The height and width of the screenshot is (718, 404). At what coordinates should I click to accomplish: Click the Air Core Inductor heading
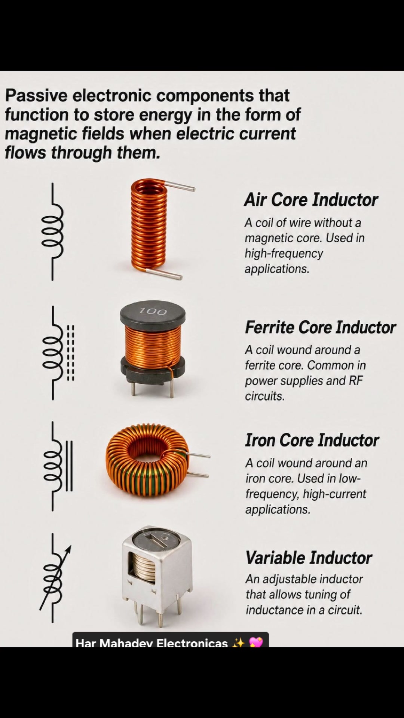tap(311, 200)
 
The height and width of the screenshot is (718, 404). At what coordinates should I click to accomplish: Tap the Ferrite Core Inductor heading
tap(320, 327)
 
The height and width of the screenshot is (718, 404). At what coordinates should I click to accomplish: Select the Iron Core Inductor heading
tap(312, 440)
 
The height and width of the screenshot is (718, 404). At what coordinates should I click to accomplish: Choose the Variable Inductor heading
tap(309, 558)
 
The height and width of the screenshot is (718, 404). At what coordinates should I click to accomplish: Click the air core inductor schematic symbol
tap(52, 231)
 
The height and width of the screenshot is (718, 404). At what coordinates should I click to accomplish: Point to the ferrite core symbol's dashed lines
tap(70, 353)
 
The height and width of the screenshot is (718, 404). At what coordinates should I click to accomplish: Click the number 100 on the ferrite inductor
tap(153, 311)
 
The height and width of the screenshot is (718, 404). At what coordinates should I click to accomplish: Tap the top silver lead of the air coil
tap(180, 186)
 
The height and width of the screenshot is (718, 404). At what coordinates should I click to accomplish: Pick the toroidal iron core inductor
tap(147, 460)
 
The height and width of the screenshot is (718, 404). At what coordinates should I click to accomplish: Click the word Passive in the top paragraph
tap(36, 96)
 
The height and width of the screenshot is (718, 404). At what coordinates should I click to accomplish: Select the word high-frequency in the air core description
tap(284, 254)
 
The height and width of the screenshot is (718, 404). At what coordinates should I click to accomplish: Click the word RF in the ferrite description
tap(356, 380)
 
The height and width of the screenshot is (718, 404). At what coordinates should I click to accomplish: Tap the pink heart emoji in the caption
tap(256, 642)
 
